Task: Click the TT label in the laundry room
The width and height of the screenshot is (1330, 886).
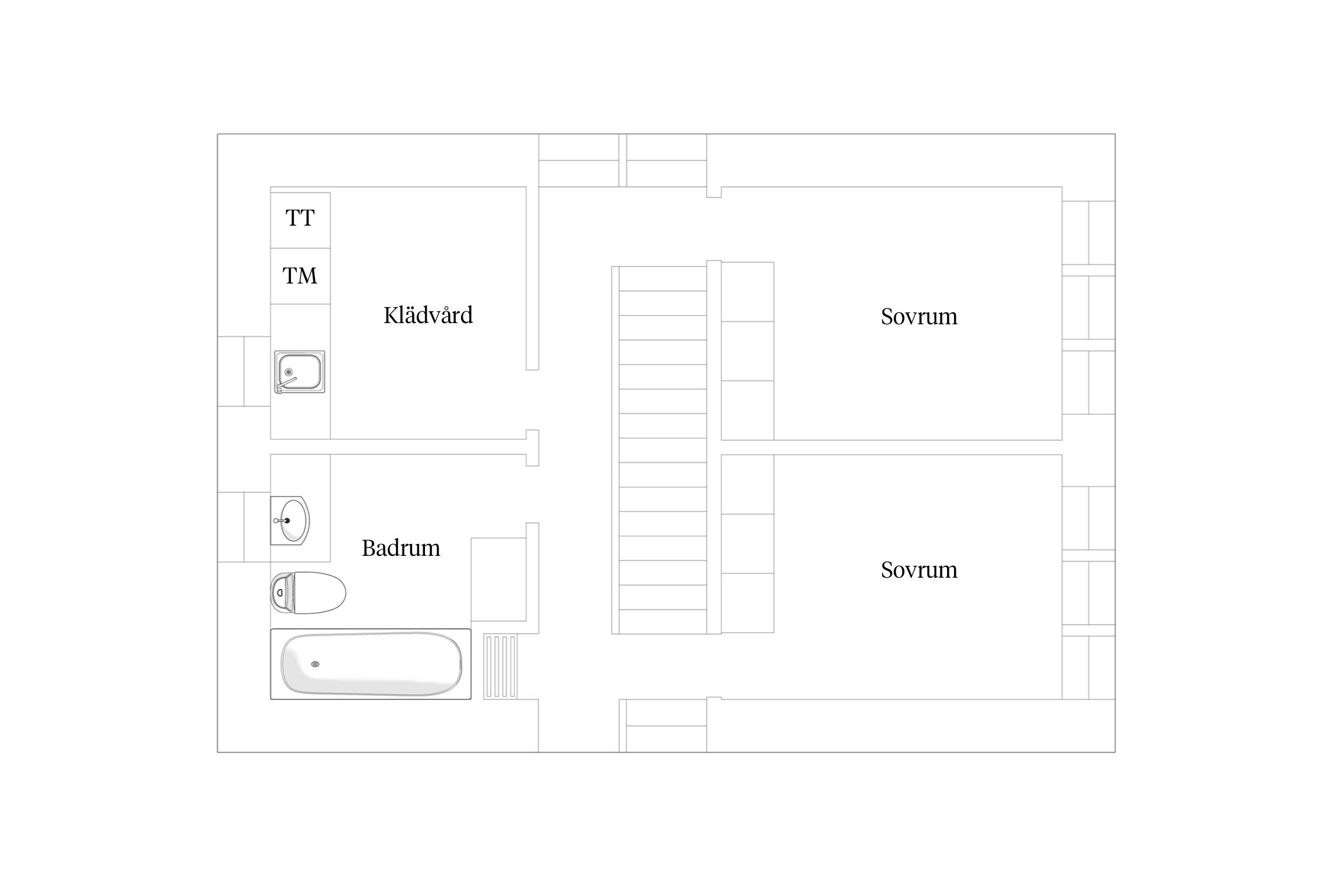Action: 300,218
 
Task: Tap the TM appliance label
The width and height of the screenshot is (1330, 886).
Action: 300,276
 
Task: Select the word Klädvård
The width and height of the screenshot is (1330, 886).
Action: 428,315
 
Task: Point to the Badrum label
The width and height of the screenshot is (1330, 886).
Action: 401,548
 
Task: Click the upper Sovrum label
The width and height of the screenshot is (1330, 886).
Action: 919,317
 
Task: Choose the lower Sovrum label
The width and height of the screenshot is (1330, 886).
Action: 919,570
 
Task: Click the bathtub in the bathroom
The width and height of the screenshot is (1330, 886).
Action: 371,664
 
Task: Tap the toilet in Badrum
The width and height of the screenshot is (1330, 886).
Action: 309,592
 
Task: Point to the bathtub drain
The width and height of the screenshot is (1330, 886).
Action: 316,664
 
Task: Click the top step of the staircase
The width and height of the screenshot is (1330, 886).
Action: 663,279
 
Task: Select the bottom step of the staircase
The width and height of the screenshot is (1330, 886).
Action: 663,622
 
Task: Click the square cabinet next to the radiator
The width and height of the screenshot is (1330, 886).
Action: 498,579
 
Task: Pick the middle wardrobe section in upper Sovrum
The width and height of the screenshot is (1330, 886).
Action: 748,351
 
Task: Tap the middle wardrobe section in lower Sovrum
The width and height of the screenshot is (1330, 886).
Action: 748,544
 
